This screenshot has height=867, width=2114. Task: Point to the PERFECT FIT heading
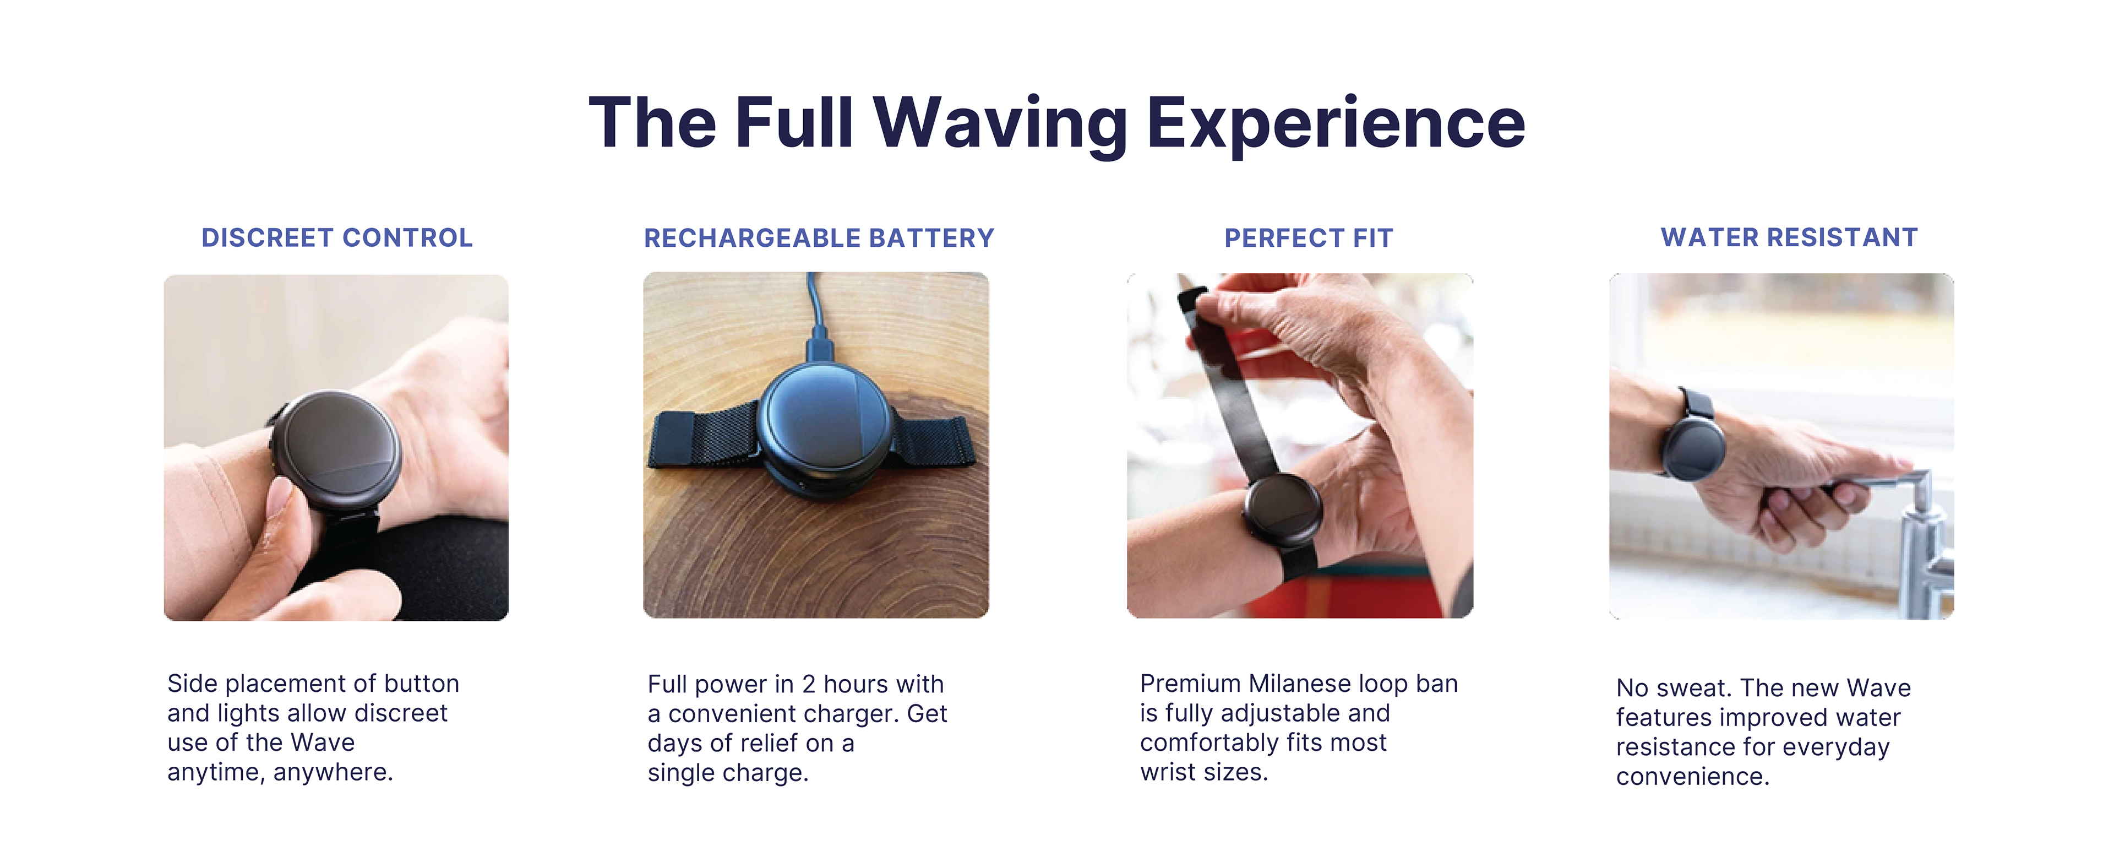point(1309,238)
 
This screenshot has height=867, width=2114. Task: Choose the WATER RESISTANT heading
point(1789,237)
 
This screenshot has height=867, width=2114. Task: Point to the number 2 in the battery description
point(808,684)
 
